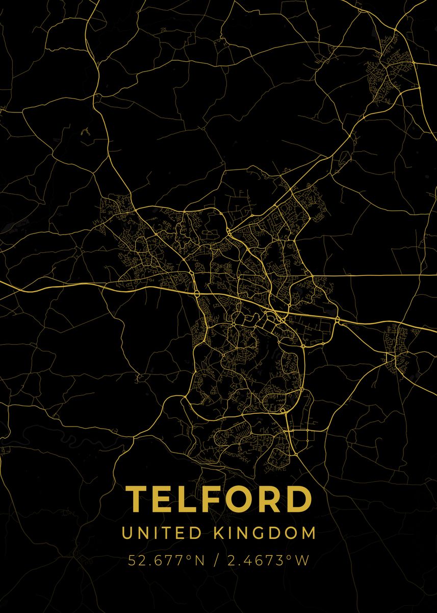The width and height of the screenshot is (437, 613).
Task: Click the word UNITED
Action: [x=162, y=533]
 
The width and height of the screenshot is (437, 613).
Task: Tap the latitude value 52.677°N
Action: [x=166, y=560]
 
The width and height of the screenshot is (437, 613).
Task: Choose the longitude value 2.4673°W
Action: [x=268, y=560]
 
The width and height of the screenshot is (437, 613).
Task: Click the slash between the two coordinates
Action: [x=217, y=560]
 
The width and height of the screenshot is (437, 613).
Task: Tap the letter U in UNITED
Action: [x=126, y=533]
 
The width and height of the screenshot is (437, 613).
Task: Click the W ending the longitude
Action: [x=302, y=560]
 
